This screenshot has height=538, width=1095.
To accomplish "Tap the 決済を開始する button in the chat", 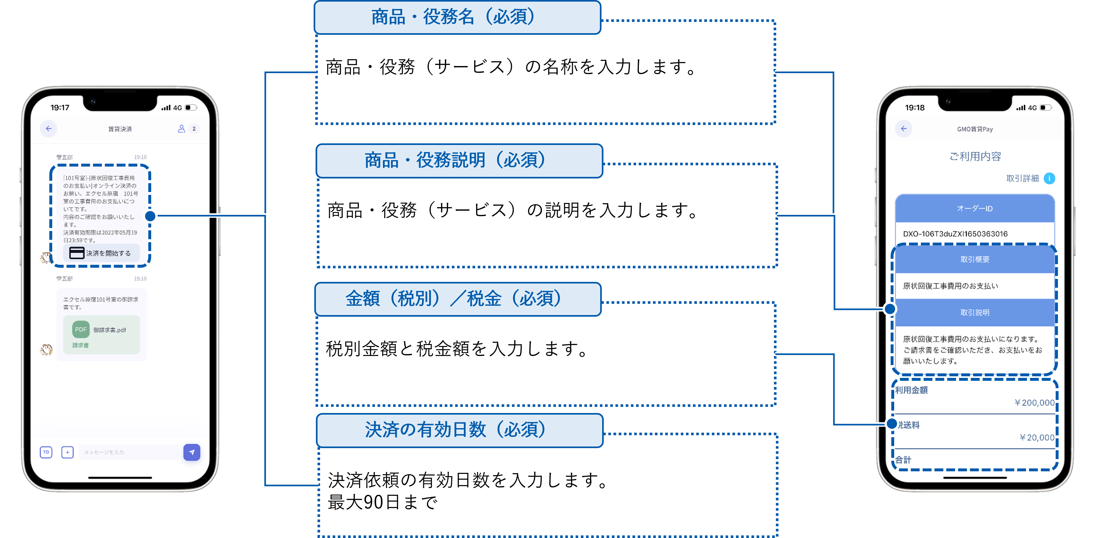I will point(101,253).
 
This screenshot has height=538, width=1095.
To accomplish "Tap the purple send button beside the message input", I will point(192,452).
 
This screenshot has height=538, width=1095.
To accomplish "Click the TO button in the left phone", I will point(46,452).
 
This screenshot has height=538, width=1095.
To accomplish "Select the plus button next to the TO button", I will point(67,452).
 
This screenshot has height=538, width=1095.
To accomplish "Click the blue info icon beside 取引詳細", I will point(1049,178).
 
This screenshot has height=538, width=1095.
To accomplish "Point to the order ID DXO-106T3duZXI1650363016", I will point(955,234).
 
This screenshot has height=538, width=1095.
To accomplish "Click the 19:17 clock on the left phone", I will point(60,108).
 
